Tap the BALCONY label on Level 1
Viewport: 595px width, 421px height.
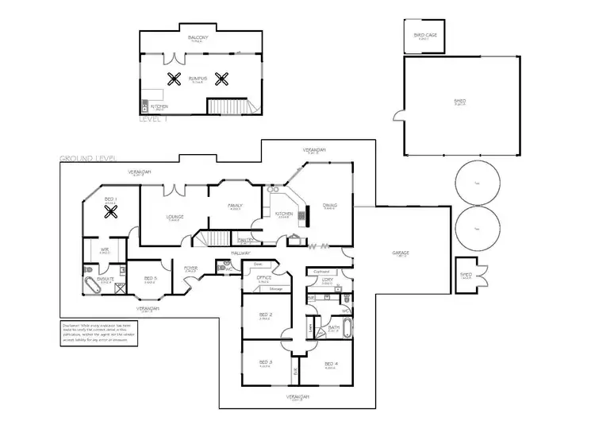(198, 37)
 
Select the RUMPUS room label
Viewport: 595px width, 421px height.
(198, 78)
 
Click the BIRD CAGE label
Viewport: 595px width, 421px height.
(425, 36)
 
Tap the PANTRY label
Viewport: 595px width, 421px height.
(245, 239)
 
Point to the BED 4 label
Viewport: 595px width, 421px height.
(331, 365)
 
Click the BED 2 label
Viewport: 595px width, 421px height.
(266, 315)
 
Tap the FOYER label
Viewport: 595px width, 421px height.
(191, 268)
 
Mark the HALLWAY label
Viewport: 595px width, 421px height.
(241, 253)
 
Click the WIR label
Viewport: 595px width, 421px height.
(104, 249)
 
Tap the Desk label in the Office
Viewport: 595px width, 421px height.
(258, 264)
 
